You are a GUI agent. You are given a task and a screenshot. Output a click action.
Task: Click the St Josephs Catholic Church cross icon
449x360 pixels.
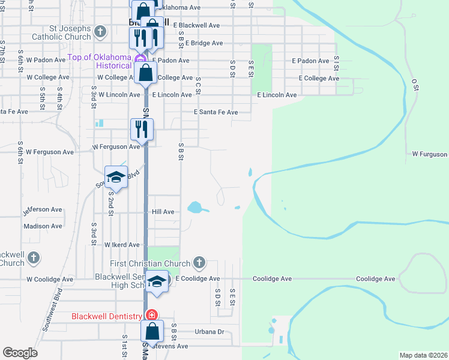pos(101,31)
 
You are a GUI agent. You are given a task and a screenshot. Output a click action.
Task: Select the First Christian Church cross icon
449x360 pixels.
pos(199,263)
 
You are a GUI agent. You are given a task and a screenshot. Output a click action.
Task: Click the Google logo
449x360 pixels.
pos(20,353)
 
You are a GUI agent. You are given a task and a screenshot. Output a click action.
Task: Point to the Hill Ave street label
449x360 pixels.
pos(163,212)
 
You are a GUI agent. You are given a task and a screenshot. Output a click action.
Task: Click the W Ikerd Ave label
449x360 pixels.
pos(122,245)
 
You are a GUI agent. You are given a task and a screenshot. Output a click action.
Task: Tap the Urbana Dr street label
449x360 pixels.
pos(209,331)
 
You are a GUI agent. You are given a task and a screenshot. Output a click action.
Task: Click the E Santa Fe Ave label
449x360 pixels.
pos(215,112)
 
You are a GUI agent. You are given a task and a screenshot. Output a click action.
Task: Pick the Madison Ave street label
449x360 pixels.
pos(43,226)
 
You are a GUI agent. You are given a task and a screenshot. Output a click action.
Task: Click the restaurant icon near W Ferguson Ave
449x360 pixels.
pos(142,128)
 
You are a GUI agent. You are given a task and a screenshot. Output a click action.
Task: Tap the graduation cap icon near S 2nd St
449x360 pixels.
pos(115,176)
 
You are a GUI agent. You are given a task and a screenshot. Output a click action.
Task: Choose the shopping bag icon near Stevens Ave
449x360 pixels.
pos(152,331)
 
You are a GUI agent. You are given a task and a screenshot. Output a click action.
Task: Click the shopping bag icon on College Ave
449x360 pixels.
pos(146,73)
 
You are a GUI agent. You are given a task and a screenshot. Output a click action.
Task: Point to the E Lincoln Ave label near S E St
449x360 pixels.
pos(277,95)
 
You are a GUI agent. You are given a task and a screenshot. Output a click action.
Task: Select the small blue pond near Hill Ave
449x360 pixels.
pos(196,208)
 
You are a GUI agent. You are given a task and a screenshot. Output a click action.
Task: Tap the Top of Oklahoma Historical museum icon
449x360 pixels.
pos(139,59)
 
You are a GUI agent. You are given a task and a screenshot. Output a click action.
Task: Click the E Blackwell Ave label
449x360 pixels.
pos(196,26)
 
